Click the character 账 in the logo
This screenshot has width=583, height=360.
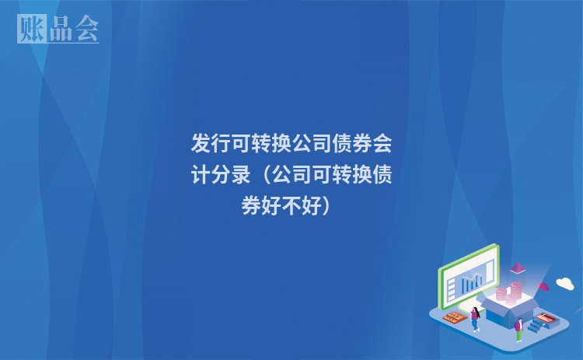[32, 29]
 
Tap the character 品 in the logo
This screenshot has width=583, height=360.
[61, 29]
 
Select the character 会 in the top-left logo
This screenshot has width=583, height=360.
[87, 28]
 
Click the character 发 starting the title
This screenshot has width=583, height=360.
[201, 144]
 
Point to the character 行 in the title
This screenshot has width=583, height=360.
[222, 144]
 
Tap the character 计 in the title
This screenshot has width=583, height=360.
[201, 174]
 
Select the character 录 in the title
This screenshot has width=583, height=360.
[241, 174]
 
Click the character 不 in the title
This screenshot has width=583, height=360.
[291, 206]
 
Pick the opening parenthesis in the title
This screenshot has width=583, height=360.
[266, 175]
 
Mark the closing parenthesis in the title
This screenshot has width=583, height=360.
[326, 206]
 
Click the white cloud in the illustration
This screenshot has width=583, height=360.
[565, 283]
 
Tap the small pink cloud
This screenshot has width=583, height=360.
[543, 286]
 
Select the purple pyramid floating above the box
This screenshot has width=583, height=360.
[517, 268]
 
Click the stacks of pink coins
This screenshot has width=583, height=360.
[509, 293]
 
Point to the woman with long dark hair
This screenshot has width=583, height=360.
[475, 319]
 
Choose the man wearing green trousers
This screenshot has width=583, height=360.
[519, 330]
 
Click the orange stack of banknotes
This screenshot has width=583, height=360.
[455, 318]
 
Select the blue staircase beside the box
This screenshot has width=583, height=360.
[536, 325]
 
